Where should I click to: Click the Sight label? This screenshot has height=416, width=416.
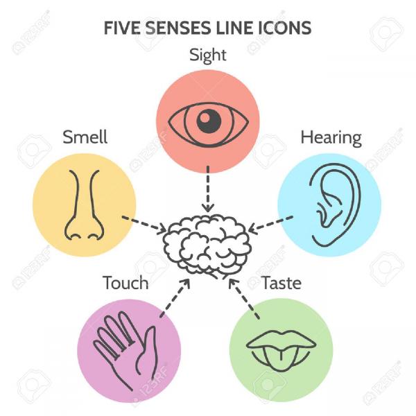pyautogui.click(x=208, y=55)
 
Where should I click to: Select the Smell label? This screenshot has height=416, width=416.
pyautogui.click(x=85, y=137)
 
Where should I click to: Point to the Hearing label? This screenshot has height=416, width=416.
pyautogui.click(x=331, y=138)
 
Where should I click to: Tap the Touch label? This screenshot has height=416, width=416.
pyautogui.click(x=125, y=283)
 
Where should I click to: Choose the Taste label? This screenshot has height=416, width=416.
pyautogui.click(x=281, y=283)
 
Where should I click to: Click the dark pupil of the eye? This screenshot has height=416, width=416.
pyautogui.click(x=209, y=121)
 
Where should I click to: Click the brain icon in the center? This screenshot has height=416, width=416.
pyautogui.click(x=207, y=246)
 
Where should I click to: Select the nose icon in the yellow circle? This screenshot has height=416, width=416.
pyautogui.click(x=84, y=205)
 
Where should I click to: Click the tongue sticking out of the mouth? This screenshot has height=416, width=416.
pyautogui.click(x=281, y=357)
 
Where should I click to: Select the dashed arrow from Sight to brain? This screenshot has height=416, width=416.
pyautogui.click(x=208, y=189)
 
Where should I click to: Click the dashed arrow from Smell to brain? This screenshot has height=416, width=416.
pyautogui.click(x=144, y=225)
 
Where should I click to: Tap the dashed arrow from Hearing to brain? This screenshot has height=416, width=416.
pyautogui.click(x=270, y=225)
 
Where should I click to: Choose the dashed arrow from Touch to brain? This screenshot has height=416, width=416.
pyautogui.click(x=175, y=298)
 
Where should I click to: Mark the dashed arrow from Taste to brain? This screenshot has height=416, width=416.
pyautogui.click(x=244, y=298)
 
